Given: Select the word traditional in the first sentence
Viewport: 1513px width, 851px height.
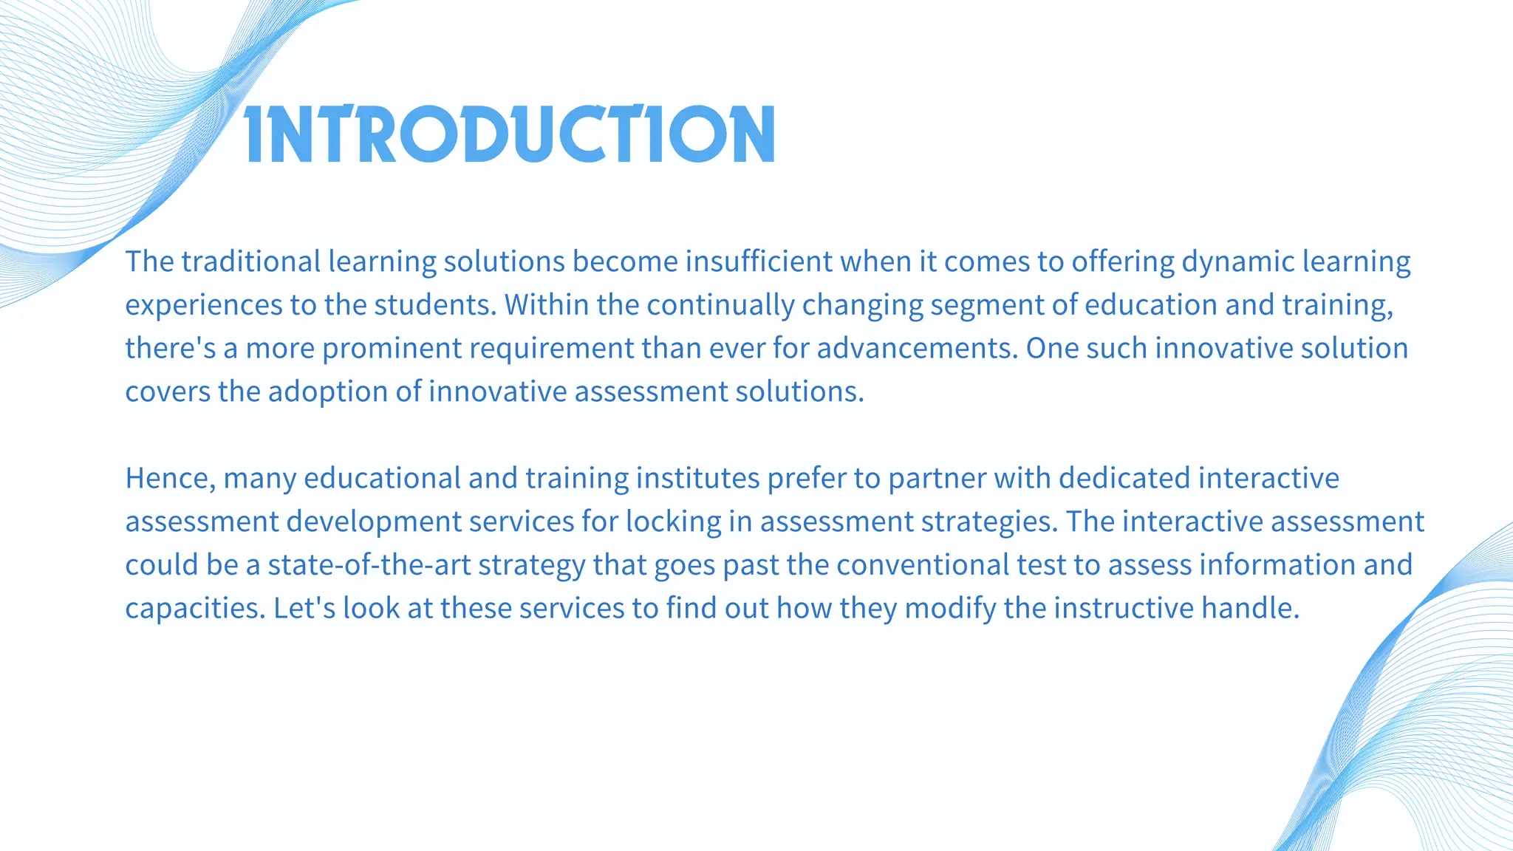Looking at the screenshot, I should tap(251, 262).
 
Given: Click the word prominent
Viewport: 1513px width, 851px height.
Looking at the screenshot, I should tap(392, 348).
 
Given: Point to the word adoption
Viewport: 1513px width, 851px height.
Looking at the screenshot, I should tap(328, 392).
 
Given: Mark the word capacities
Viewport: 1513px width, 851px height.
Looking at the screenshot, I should tap(194, 609).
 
